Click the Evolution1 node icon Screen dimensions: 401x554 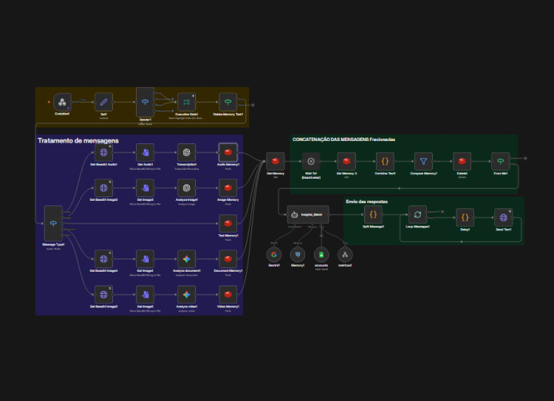point(63,102)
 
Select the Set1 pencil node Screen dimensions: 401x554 point(104,102)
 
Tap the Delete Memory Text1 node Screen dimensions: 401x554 point(228,102)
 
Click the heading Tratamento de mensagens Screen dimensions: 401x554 point(78,140)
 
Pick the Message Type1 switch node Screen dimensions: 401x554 point(53,219)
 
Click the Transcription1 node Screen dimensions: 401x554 point(187,151)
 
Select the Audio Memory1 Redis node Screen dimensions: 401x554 point(228,151)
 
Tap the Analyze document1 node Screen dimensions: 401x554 point(187,258)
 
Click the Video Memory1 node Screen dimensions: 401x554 point(228,294)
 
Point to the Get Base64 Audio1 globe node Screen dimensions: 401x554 point(104,151)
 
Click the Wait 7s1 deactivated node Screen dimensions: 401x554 point(311,161)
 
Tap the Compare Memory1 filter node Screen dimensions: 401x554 point(423,161)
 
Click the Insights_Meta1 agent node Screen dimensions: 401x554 point(307,215)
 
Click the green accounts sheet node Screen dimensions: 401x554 point(320,255)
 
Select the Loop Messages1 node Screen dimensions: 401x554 point(417,215)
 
